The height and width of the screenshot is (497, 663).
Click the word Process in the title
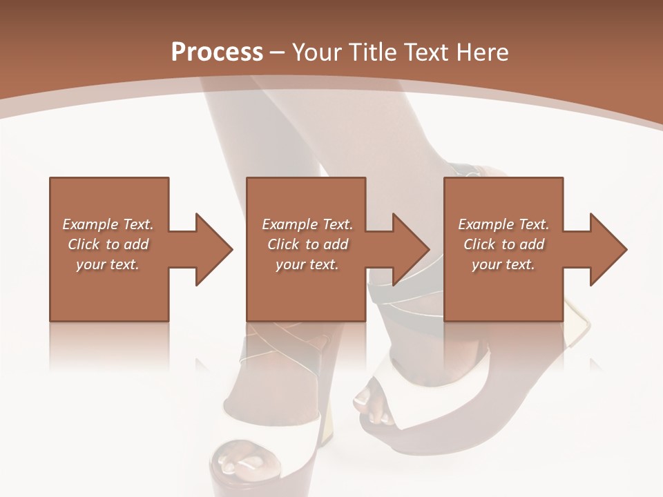pyautogui.click(x=217, y=52)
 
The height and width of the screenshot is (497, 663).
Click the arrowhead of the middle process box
pyautogui.click(x=410, y=249)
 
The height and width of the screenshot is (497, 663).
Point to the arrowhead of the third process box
pyautogui.click(x=608, y=249)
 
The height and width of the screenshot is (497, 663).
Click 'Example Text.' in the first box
pyautogui.click(x=108, y=224)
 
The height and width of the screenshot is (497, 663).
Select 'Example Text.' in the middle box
pyautogui.click(x=307, y=224)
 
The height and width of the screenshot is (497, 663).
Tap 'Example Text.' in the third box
pyautogui.click(x=503, y=224)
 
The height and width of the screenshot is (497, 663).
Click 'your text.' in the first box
pyautogui.click(x=108, y=264)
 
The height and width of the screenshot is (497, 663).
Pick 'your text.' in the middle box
pyautogui.click(x=307, y=264)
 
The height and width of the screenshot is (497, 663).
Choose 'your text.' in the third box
pyautogui.click(x=503, y=264)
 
